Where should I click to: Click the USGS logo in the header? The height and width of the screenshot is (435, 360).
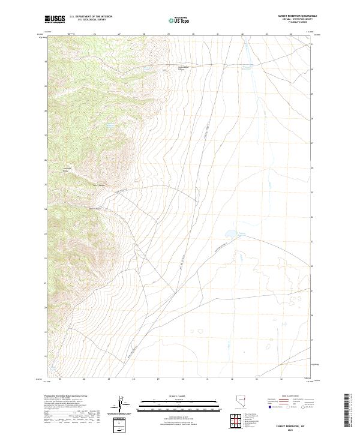coord(55,19)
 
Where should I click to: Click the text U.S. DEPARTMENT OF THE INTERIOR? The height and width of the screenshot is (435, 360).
coord(91,17)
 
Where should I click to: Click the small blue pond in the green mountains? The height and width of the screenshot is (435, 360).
coord(110,125)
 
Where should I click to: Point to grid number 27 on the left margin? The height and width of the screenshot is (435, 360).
coord(46,135)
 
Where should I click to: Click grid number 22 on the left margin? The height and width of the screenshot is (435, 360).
coord(46,258)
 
